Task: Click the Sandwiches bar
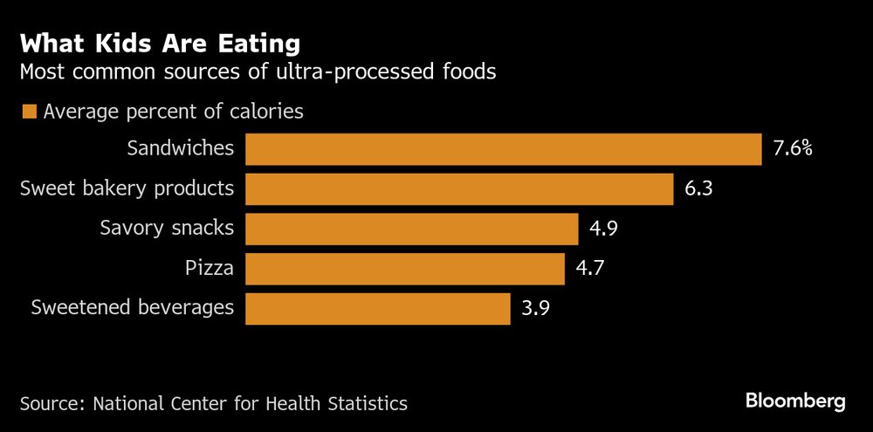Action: pyautogui.click(x=503, y=149)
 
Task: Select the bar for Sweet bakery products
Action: pyautogui.click(x=459, y=189)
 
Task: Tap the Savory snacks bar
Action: pyautogui.click(x=411, y=229)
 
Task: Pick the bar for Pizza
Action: pyautogui.click(x=404, y=269)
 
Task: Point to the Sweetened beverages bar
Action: pyautogui.click(x=377, y=309)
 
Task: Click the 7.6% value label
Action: pyautogui.click(x=793, y=149)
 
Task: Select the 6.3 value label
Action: pyautogui.click(x=698, y=189)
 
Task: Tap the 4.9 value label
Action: pyautogui.click(x=604, y=229)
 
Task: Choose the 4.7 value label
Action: pyautogui.click(x=590, y=269)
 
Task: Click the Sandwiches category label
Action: pyautogui.click(x=181, y=148)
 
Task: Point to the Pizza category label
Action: pyautogui.click(x=210, y=268)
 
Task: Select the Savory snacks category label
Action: pyautogui.click(x=167, y=229)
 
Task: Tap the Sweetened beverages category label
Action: pyautogui.click(x=133, y=308)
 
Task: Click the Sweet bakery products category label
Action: pyautogui.click(x=127, y=189)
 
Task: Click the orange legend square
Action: pyautogui.click(x=29, y=112)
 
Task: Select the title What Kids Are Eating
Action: pyautogui.click(x=160, y=44)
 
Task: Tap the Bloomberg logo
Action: pyautogui.click(x=795, y=401)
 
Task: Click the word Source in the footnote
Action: pyautogui.click(x=51, y=404)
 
